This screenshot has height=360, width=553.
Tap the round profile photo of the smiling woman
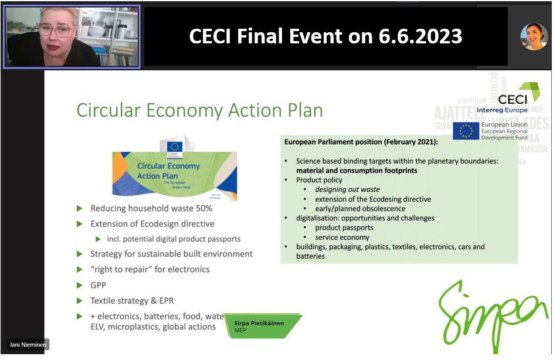(534, 36)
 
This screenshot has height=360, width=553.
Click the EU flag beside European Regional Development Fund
(466, 131)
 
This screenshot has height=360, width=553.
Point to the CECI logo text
(512, 99)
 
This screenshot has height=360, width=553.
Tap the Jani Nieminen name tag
(28, 345)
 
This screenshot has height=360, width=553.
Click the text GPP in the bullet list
(99, 285)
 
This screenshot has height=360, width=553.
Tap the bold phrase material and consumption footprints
(357, 171)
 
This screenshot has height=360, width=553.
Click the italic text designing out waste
(347, 189)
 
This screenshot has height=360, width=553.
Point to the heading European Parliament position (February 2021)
(361, 142)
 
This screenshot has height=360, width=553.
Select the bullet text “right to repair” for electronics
(150, 270)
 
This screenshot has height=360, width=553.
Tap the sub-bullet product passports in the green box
(344, 227)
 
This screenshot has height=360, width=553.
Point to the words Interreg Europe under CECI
(502, 110)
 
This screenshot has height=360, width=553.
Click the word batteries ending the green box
(310, 256)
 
